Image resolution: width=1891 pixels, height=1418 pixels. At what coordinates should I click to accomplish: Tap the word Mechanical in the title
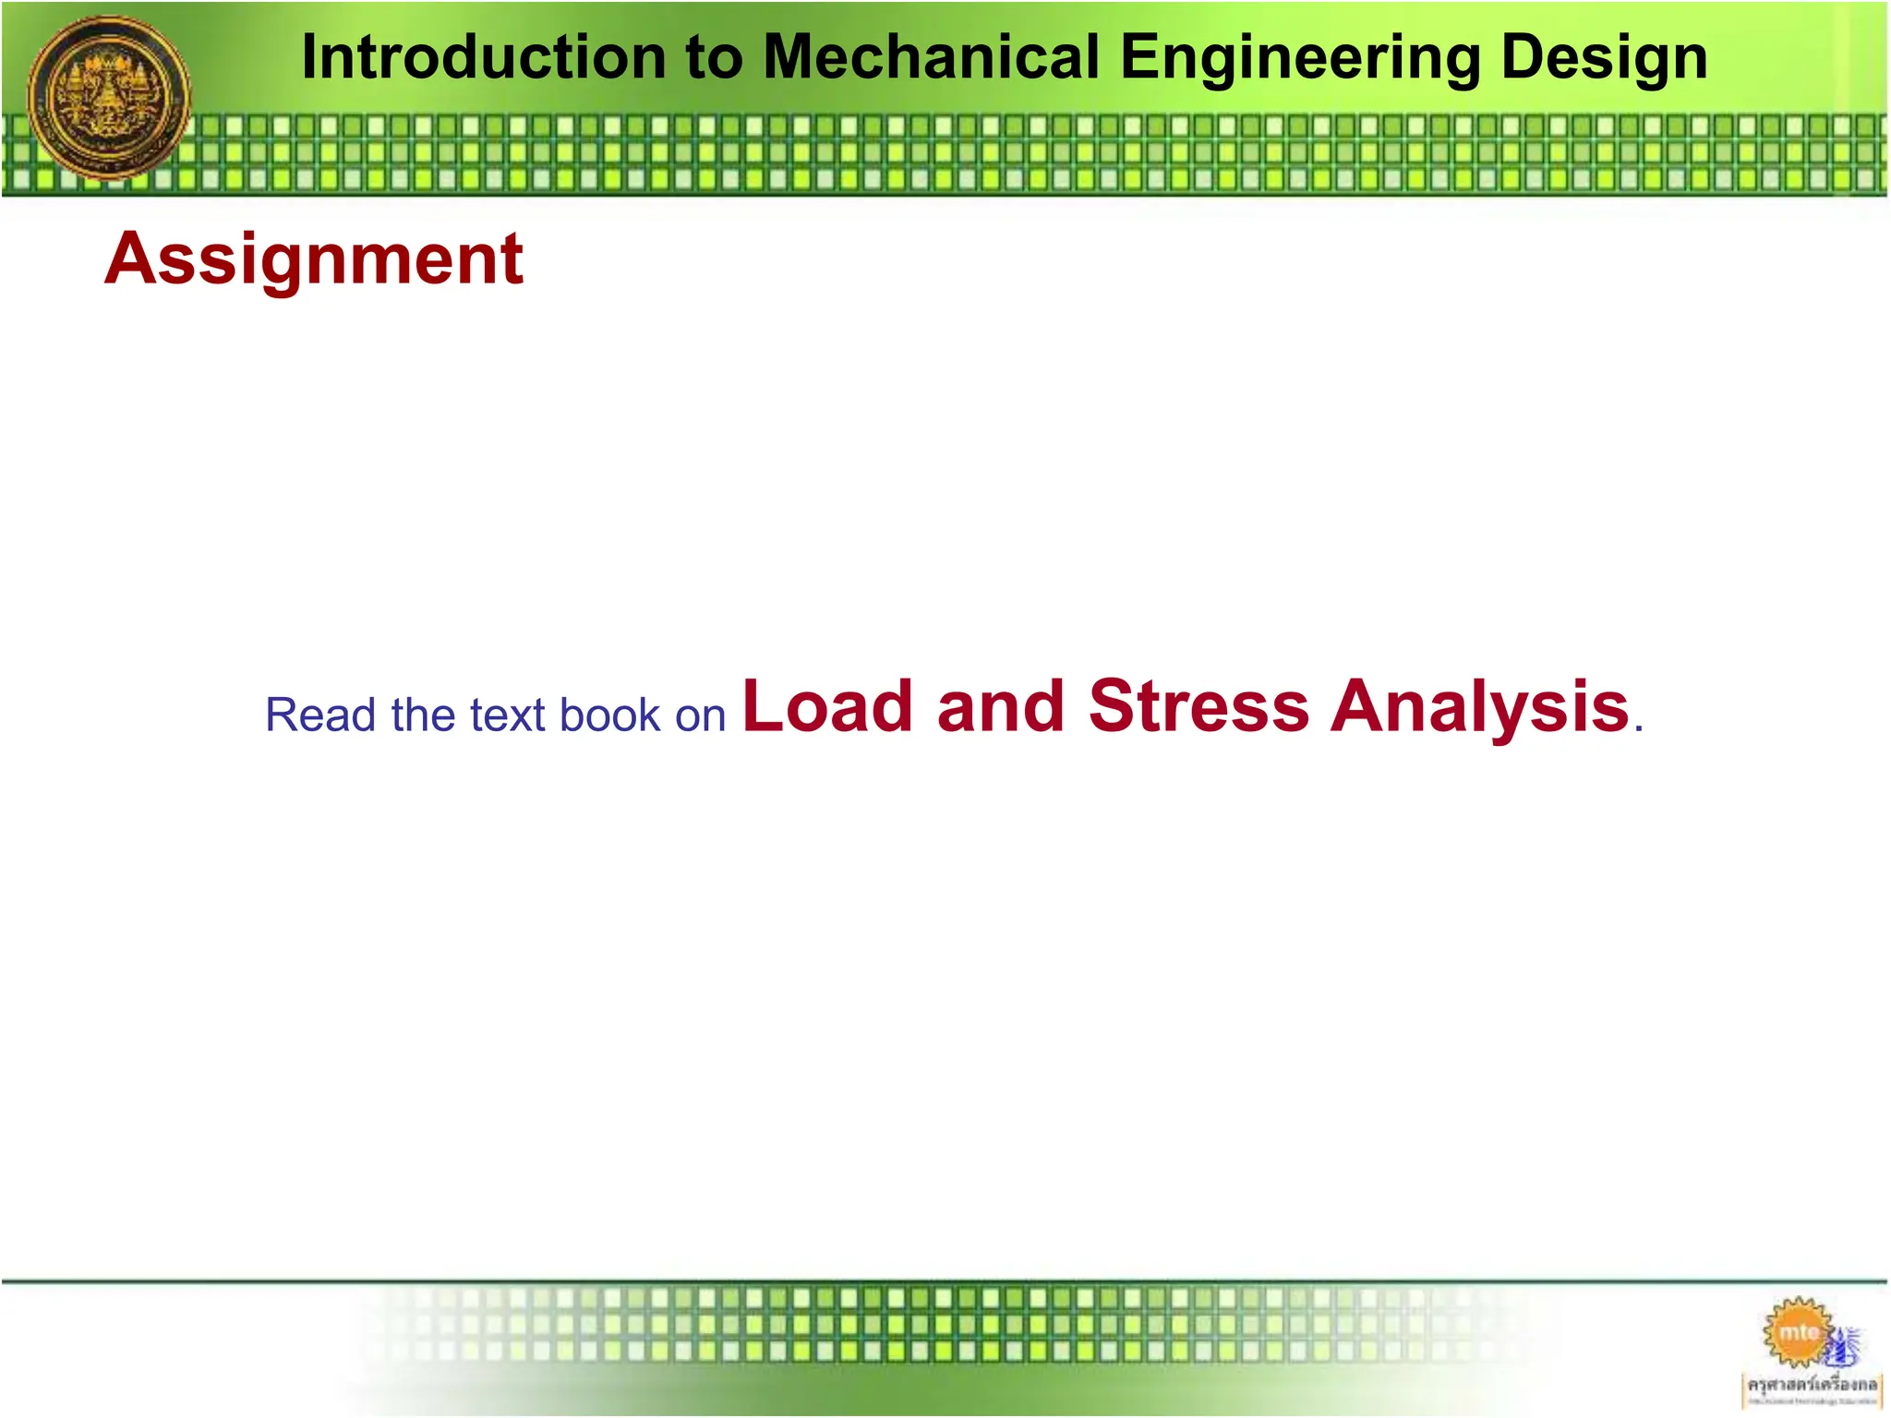tap(932, 57)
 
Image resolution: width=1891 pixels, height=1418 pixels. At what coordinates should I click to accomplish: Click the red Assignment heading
tap(314, 260)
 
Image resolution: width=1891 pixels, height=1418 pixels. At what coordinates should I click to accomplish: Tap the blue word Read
tap(320, 715)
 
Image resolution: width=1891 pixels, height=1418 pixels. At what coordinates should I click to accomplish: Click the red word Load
tap(827, 707)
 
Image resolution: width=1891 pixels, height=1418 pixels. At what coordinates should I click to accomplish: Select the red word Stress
tap(1198, 707)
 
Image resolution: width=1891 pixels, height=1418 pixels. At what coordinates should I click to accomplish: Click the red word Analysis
tap(1479, 707)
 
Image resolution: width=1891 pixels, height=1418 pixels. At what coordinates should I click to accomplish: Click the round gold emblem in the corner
tap(110, 98)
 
